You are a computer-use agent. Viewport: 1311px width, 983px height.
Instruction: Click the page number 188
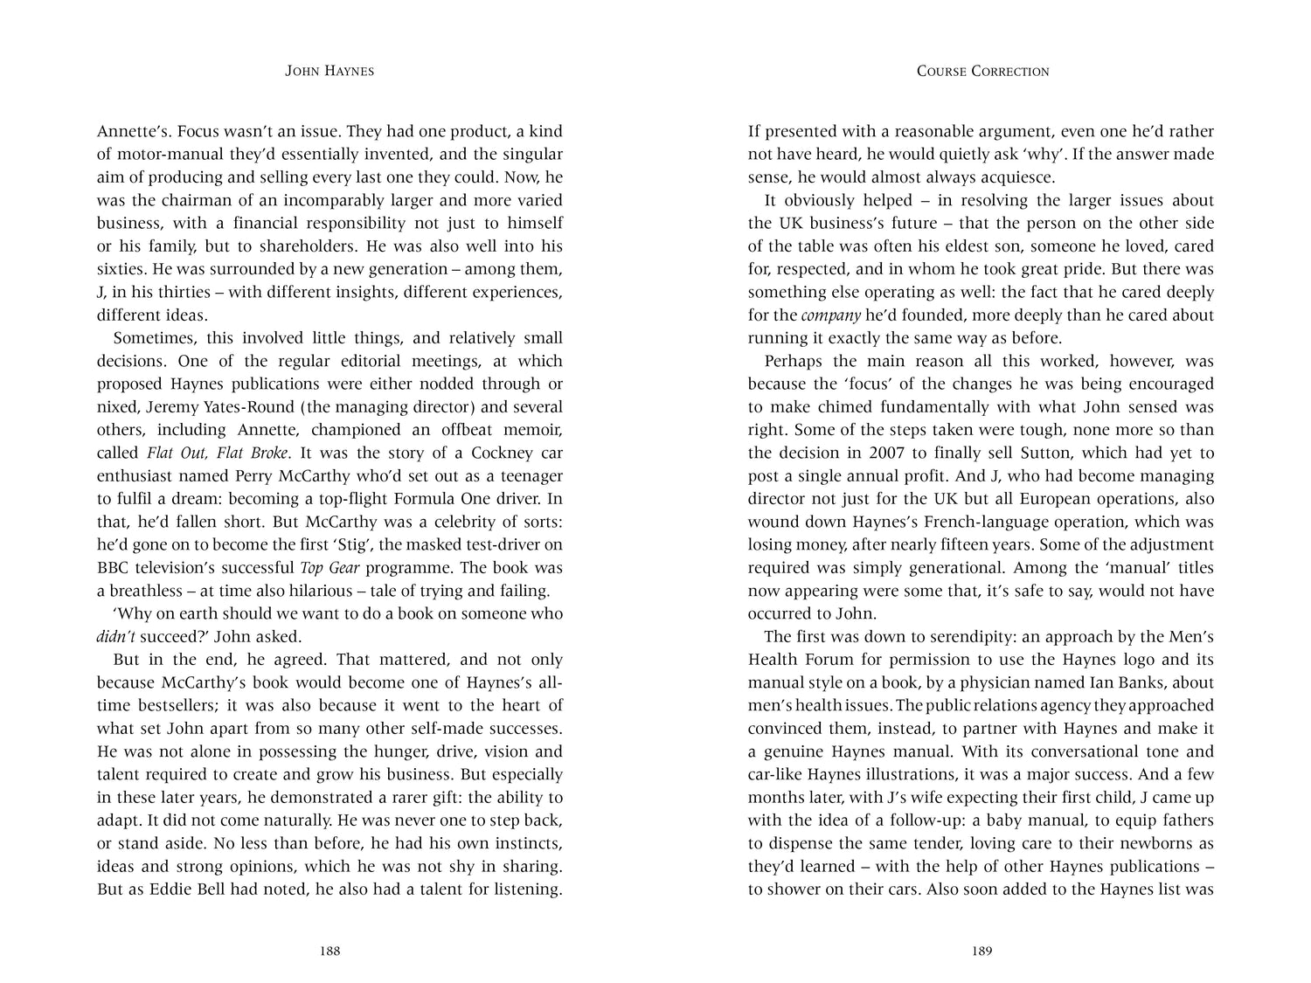coord(329,952)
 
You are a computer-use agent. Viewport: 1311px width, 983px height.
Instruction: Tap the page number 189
coord(982,952)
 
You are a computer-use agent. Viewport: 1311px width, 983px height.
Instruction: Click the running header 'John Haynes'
coord(329,72)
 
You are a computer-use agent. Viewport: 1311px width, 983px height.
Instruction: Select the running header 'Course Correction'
coord(982,72)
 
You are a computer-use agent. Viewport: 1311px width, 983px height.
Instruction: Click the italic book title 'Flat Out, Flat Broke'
coord(218,453)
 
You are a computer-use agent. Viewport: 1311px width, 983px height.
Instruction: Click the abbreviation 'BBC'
coord(114,568)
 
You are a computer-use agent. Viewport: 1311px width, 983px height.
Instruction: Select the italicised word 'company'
coord(825,315)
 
